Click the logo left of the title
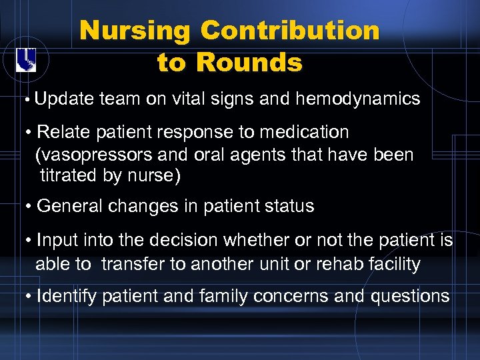click(x=27, y=60)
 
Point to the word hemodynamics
click(x=358, y=99)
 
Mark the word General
click(x=69, y=206)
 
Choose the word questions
click(x=409, y=295)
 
